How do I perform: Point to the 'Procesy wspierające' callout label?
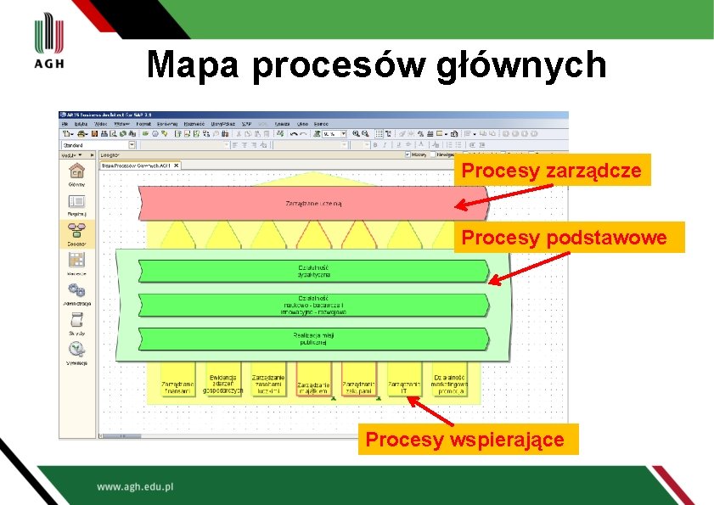click(x=465, y=440)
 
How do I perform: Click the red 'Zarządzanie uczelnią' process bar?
click(x=313, y=204)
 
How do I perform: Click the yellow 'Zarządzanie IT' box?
click(x=404, y=384)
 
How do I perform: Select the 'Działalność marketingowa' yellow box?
click(x=450, y=384)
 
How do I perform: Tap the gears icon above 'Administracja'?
click(x=76, y=289)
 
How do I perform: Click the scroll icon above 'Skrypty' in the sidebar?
click(x=76, y=319)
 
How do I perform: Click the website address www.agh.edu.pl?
click(x=135, y=487)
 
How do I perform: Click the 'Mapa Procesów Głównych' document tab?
click(x=138, y=166)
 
